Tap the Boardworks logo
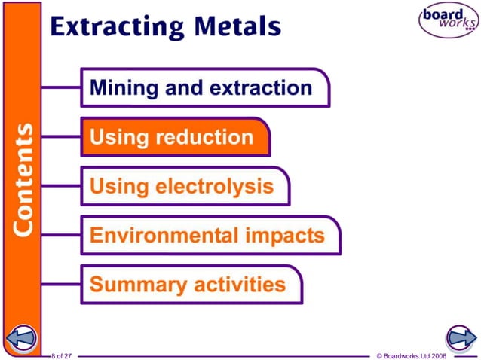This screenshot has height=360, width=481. point(449,20)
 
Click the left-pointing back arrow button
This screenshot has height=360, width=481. point(21,338)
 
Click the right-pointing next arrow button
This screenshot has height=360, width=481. point(459,338)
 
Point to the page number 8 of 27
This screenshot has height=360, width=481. point(61,355)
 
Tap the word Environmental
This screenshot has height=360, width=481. point(155,235)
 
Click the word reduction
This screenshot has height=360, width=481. point(204,137)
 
